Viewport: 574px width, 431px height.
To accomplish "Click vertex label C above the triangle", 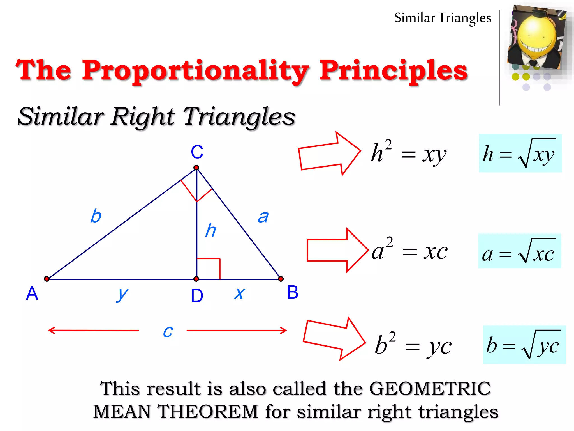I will tap(197, 152).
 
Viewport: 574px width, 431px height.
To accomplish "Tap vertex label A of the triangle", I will tap(32, 294).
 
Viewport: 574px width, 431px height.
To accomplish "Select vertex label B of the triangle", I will tap(293, 292).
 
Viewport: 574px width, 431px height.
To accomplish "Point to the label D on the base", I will tap(197, 296).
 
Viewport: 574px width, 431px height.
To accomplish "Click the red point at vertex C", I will tap(196, 168).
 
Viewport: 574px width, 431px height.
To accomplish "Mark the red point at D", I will tap(196, 279).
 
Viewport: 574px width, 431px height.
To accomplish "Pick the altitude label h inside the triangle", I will tap(210, 230).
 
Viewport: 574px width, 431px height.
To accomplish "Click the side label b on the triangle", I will tap(96, 216).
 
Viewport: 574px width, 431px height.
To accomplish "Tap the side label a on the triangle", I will tap(263, 217).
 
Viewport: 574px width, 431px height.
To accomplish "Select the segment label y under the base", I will tap(122, 294).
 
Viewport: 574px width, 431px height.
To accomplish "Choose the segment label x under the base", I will tap(239, 294).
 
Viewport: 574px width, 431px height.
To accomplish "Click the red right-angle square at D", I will tap(209, 269).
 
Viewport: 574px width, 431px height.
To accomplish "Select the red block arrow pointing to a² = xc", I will tap(336, 250).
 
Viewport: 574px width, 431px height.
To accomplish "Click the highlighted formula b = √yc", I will tap(524, 345).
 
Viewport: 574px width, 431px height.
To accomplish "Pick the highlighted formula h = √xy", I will tap(520, 153).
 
